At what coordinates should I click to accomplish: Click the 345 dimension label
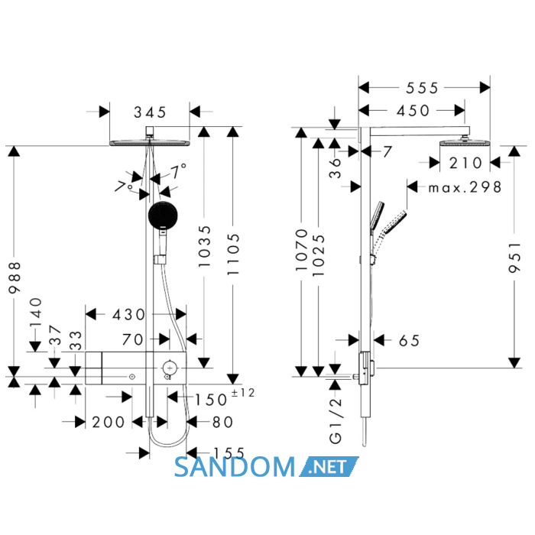pos(150,112)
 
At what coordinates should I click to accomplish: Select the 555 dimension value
pos(422,89)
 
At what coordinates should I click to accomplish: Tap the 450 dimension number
pos(413,111)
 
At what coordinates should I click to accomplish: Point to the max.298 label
pos(465,187)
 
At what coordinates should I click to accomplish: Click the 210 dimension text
pos(465,163)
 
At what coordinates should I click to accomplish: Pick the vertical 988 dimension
pos(15,277)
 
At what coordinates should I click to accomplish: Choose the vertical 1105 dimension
pos(233,255)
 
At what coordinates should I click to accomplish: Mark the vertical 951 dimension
pos(515,258)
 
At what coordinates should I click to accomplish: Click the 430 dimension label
pos(128,315)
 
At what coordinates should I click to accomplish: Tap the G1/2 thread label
pos(336,420)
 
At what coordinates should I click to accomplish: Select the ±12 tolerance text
pos(243,393)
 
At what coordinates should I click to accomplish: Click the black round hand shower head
pos(163,216)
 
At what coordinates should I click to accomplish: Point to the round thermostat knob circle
pos(170,368)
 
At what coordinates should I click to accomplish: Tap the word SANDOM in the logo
pos(235,467)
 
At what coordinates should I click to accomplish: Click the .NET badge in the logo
pos(329,467)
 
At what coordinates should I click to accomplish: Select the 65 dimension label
pos(409,341)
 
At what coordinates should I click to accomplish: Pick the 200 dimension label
pos(109,423)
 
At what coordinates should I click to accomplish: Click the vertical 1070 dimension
pos(302,250)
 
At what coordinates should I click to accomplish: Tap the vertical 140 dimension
pos(36,312)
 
